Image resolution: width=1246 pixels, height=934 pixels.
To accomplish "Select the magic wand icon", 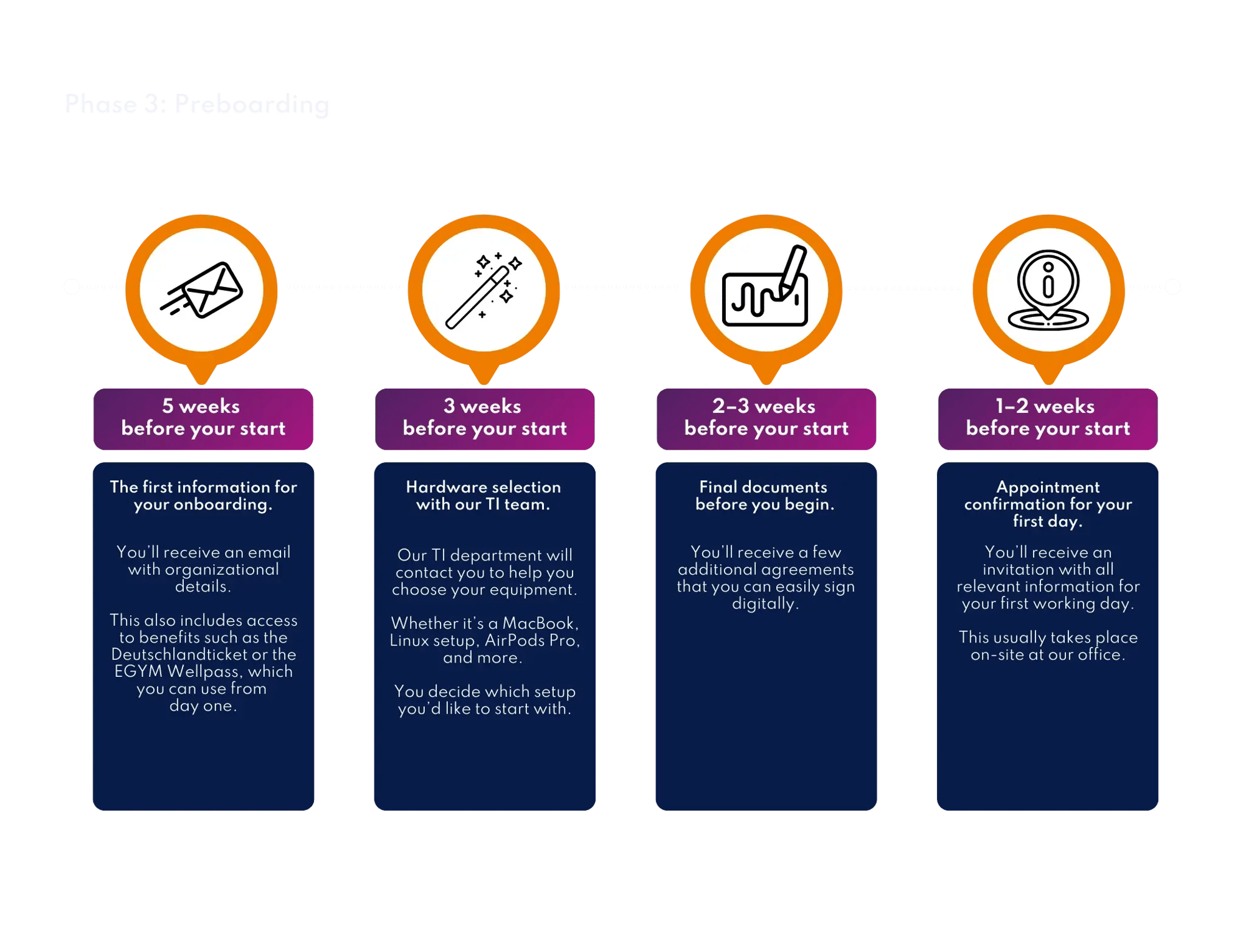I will click(x=484, y=290).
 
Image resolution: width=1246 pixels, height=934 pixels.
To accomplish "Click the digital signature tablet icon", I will click(x=766, y=290).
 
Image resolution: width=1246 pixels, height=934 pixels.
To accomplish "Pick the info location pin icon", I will click(x=1049, y=290).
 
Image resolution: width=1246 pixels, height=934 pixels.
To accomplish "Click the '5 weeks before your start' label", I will click(x=203, y=418).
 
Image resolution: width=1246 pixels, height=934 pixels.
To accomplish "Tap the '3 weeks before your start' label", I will click(x=485, y=418).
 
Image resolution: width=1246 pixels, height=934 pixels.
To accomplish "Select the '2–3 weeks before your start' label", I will click(x=766, y=418).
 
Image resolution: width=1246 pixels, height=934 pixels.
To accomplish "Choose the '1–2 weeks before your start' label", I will click(x=1048, y=418).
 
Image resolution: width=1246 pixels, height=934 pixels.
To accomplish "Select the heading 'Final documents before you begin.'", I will click(x=764, y=496).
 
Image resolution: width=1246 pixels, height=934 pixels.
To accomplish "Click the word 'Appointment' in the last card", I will click(x=1048, y=487).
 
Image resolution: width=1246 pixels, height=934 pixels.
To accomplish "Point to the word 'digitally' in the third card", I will click(x=764, y=603).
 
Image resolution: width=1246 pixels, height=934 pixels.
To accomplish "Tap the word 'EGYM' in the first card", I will click(x=138, y=671).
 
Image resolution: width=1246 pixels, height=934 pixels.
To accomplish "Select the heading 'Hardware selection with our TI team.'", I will click(x=483, y=496).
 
